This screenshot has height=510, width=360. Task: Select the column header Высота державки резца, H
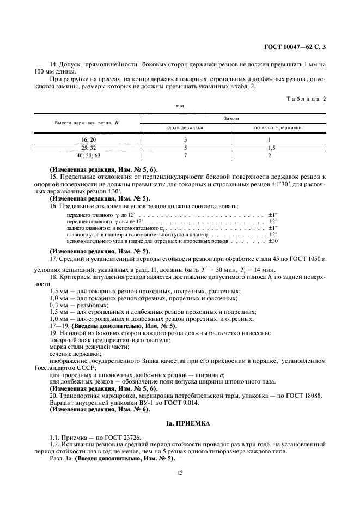coord(87,123)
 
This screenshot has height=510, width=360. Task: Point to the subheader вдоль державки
coord(185,128)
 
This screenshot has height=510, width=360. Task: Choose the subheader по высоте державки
coord(278,128)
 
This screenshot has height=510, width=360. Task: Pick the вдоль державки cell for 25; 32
coord(185,148)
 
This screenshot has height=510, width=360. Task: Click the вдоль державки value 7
coord(185,155)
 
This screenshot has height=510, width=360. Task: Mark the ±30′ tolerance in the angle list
coord(273,241)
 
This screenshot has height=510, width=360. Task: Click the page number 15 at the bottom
coord(180,475)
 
